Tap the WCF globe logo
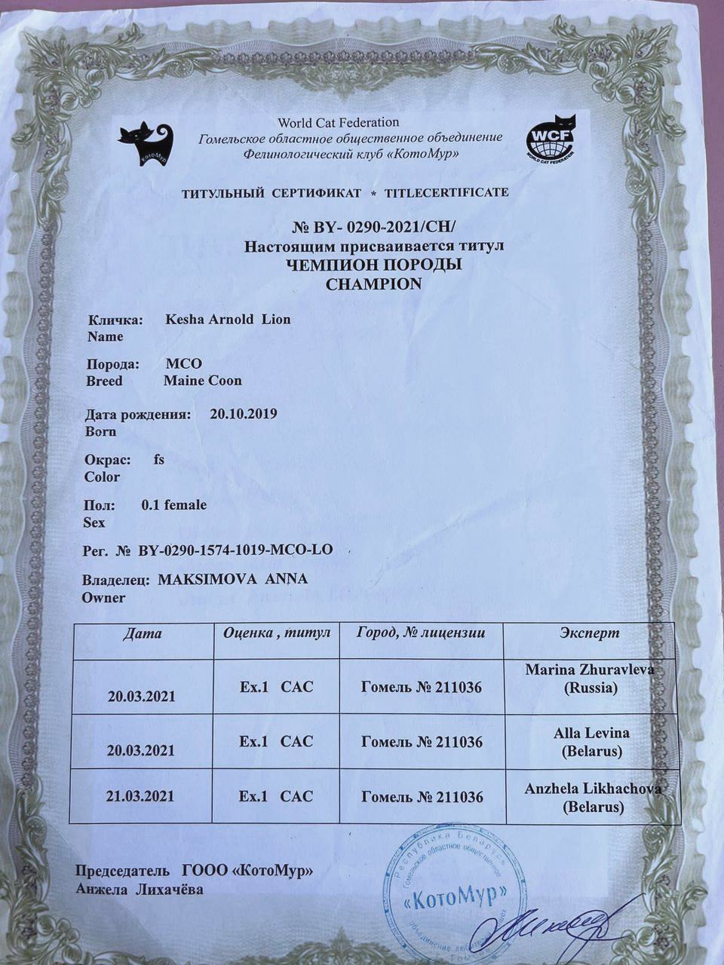click(551, 137)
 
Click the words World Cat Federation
click(338, 122)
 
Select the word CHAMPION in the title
click(373, 284)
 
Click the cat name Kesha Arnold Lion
click(228, 319)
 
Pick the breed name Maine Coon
click(203, 381)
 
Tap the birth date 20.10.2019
click(243, 413)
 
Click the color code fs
click(159, 459)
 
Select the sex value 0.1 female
click(173, 504)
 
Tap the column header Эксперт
click(590, 633)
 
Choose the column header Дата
click(143, 633)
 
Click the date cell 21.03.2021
click(141, 796)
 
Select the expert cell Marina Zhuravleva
click(590, 678)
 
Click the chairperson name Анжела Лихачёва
click(140, 890)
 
